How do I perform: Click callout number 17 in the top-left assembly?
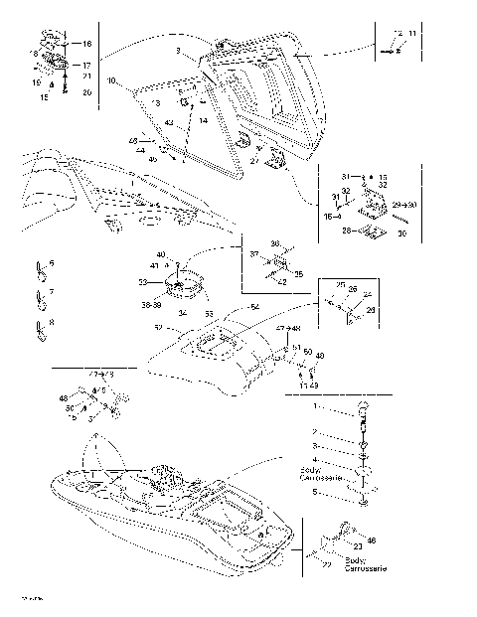point(86,65)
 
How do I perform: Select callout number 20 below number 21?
point(86,92)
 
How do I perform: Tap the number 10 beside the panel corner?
point(111,79)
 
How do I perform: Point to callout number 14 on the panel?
point(203,120)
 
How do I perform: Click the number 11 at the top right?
point(412,34)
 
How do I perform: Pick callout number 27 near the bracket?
point(254,160)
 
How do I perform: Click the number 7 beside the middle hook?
point(52,292)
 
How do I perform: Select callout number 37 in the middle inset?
point(254,254)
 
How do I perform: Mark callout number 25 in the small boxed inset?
point(340,285)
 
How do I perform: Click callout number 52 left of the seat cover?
point(158,328)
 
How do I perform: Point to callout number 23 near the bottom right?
point(357,547)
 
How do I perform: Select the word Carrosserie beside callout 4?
point(320,478)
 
